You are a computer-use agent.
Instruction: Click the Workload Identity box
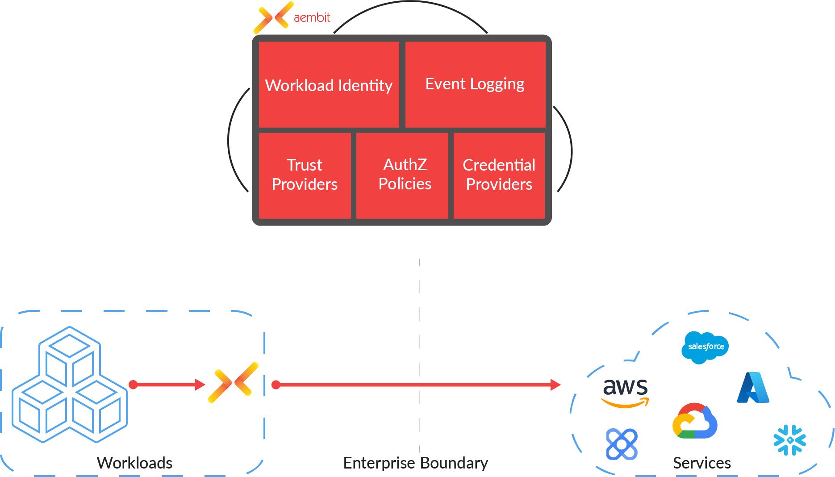pos(329,85)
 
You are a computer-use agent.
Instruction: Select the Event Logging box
pos(475,84)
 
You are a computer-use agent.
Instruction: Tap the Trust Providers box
pos(305,175)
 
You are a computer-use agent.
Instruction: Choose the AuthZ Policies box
pos(405,175)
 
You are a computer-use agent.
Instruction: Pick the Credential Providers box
pos(499,175)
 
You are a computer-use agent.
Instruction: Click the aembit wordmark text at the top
pos(312,17)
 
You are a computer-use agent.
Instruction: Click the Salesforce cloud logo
pos(705,347)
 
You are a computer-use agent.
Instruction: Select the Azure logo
pos(753,388)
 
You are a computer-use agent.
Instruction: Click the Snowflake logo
pos(789,440)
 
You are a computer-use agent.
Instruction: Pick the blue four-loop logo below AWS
pos(622,444)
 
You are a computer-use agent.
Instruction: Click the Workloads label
pos(134,463)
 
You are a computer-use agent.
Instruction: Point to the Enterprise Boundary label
pos(415,463)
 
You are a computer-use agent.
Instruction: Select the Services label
pos(701,463)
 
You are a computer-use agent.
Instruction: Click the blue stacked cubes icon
pos(70,385)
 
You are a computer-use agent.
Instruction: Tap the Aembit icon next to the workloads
pos(233,383)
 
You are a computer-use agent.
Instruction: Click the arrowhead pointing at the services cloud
pos(555,385)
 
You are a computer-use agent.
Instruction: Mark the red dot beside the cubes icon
pos(133,385)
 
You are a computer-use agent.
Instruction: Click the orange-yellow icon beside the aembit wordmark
pos(273,18)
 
